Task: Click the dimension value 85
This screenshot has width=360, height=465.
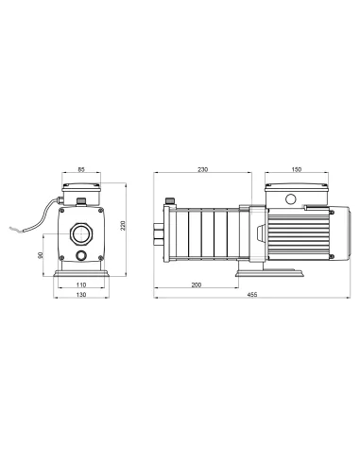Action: point(81,171)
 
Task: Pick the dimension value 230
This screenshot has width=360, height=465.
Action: point(202,170)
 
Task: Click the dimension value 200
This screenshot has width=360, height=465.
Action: point(197,284)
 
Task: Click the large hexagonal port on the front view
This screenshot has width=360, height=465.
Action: point(81,232)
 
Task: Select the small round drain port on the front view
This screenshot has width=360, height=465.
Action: point(81,256)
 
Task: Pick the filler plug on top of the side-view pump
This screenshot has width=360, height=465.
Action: point(170,201)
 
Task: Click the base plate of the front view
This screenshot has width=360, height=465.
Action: point(81,275)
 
